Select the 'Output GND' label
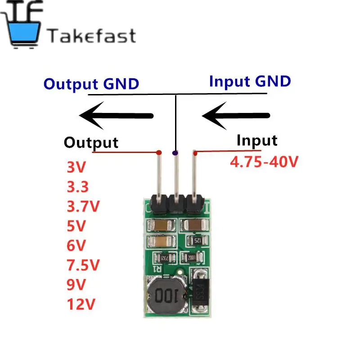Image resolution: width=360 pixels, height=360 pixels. click(91, 84)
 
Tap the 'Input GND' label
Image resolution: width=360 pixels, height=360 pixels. click(250, 81)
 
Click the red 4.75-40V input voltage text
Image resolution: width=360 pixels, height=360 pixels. click(264, 162)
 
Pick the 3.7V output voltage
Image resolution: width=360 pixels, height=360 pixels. click(83, 206)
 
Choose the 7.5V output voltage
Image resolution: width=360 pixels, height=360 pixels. click(83, 265)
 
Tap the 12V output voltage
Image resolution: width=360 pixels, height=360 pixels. click(81, 305)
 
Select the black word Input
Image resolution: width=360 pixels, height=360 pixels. click(257, 140)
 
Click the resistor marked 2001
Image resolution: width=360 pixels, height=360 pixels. click(186, 258)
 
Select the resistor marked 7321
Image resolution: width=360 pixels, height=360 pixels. click(161, 258)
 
